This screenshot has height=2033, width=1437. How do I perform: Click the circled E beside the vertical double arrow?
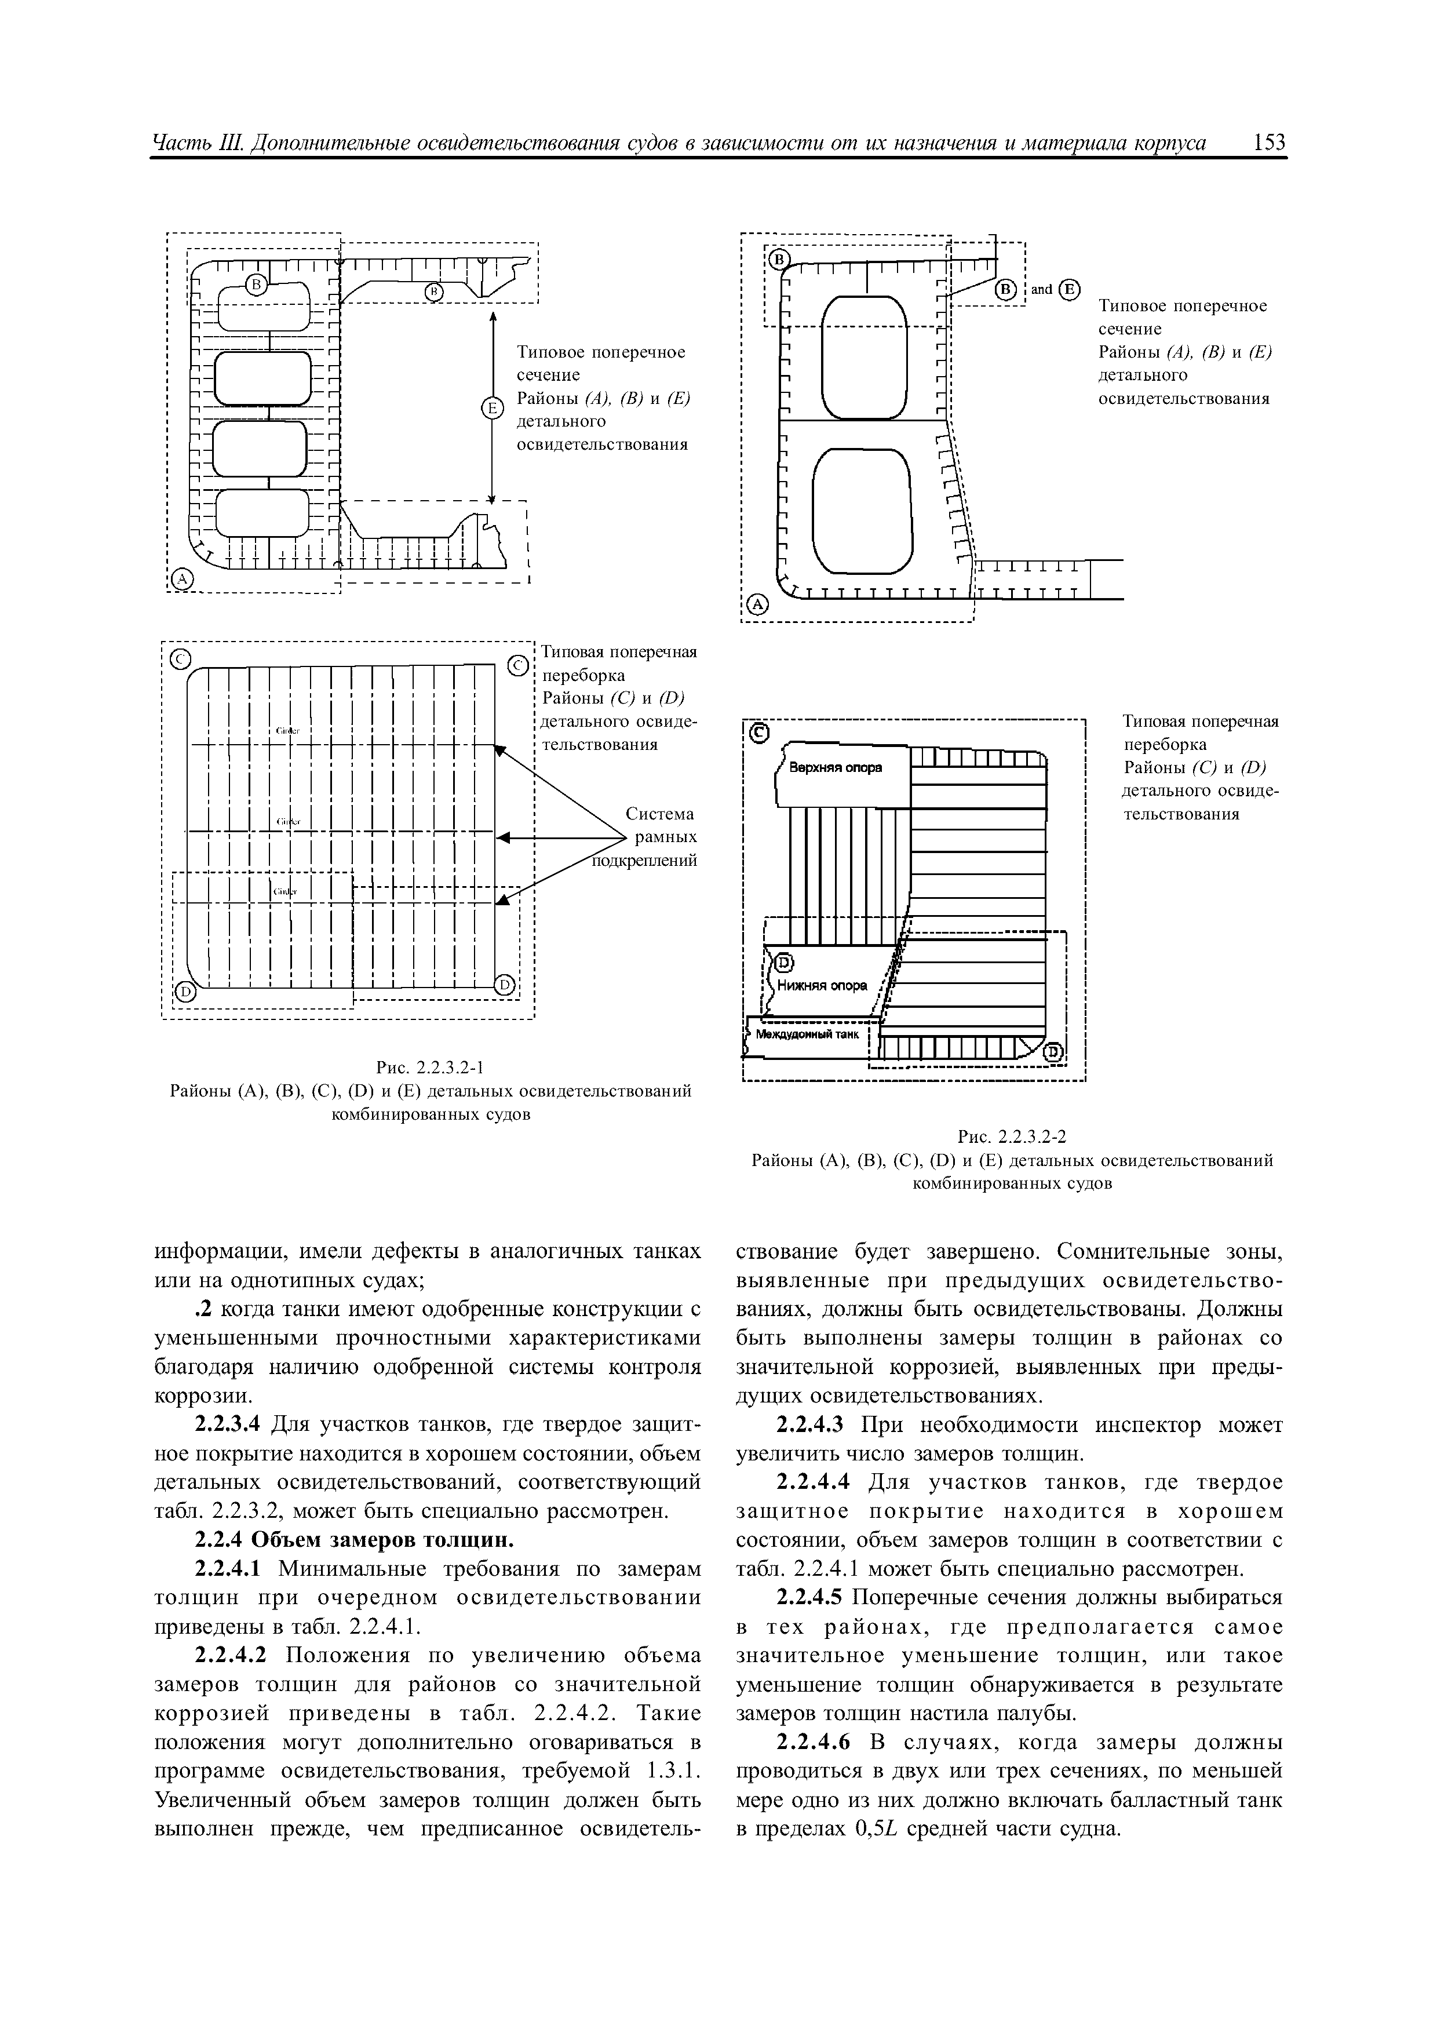point(491,407)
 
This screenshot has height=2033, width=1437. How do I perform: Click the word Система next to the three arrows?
point(659,813)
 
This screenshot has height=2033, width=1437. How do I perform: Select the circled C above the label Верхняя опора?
point(759,733)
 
